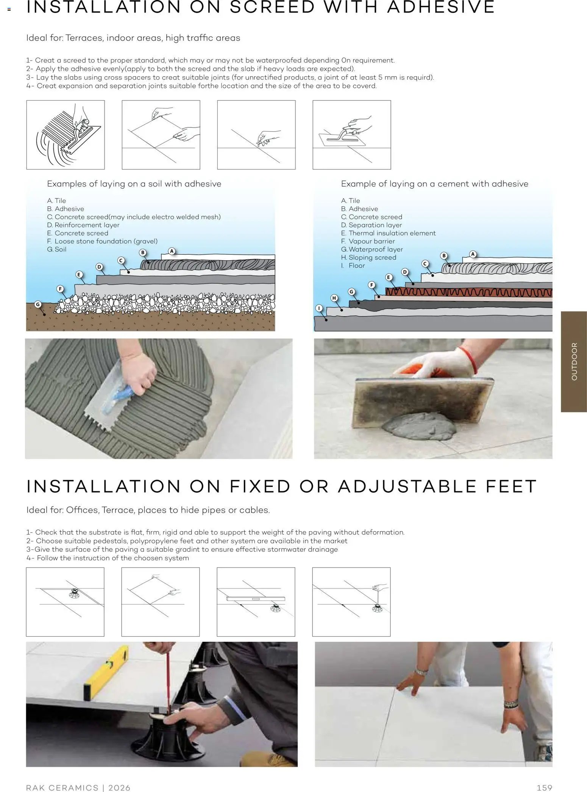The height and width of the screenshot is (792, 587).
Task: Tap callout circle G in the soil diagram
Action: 37,304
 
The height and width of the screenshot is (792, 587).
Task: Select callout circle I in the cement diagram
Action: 319,308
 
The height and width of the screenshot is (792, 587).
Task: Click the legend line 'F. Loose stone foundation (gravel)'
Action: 102,241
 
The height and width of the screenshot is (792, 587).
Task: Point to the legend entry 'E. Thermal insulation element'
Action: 388,233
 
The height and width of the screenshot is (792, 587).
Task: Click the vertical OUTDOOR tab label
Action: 574,361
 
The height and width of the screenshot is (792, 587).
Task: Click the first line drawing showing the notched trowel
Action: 66,135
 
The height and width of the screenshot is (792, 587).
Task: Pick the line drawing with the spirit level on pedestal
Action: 256,602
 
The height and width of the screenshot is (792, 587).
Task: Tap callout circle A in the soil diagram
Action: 172,251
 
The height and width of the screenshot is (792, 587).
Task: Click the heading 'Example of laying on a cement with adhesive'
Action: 434,184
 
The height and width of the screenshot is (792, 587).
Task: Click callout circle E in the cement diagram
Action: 388,277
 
